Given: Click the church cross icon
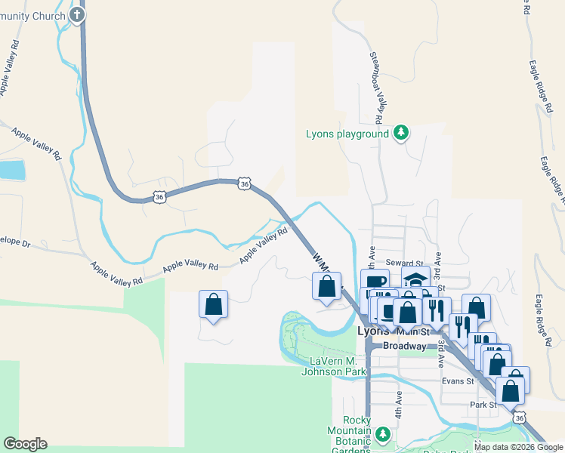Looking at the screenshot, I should (x=77, y=14).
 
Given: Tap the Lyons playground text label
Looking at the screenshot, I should (x=347, y=134).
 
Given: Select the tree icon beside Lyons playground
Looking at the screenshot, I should (x=401, y=134).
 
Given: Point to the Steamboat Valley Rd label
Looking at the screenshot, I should (x=374, y=87).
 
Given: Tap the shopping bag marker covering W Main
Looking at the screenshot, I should (x=327, y=287).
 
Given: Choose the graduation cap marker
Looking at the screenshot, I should (x=415, y=278).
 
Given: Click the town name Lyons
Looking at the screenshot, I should (x=373, y=331).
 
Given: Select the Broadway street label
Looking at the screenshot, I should (x=405, y=346).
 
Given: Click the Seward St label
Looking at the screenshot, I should (x=401, y=262).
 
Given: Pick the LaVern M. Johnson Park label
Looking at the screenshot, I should (x=333, y=365).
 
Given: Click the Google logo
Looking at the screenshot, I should (x=25, y=444).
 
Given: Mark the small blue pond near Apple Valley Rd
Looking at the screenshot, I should (x=12, y=170).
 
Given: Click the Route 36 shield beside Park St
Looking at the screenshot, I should (x=518, y=417).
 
